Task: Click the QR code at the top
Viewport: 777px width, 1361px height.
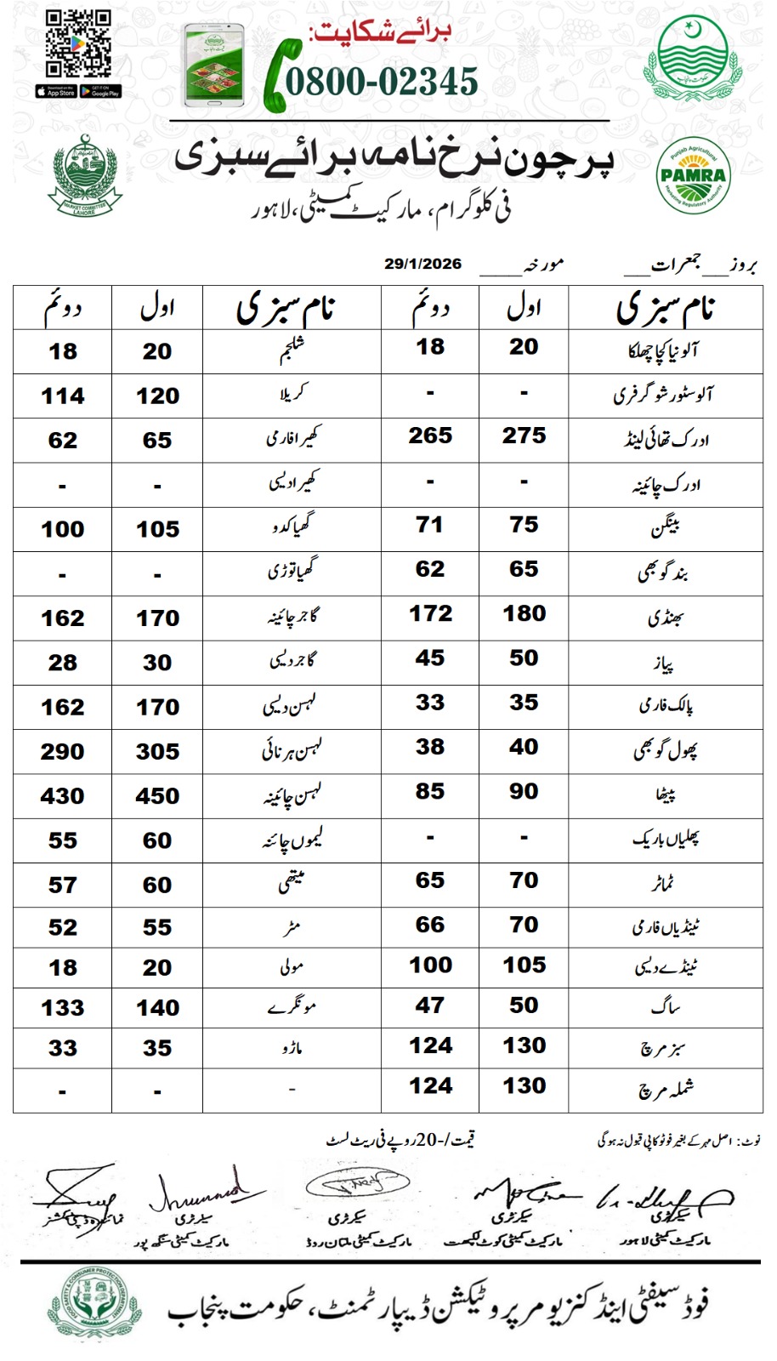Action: (78, 44)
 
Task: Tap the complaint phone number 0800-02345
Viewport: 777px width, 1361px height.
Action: (382, 82)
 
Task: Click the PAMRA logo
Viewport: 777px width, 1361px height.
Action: (693, 176)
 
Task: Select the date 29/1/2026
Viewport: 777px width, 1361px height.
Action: (423, 264)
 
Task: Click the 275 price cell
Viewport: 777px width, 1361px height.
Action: (524, 436)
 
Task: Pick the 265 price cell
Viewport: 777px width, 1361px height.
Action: (430, 436)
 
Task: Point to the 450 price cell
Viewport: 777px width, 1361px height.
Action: (157, 796)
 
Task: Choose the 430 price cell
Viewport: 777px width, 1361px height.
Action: (63, 796)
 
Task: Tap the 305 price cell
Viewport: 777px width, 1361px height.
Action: (157, 752)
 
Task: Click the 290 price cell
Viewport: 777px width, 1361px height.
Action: (63, 752)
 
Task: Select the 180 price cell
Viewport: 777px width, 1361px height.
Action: (524, 613)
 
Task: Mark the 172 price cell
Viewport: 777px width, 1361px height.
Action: (430, 613)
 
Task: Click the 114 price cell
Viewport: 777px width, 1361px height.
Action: (63, 396)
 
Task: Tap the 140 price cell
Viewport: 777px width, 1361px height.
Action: (157, 1008)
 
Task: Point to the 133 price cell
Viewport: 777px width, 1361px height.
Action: (63, 1008)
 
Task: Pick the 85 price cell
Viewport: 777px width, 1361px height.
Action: (430, 791)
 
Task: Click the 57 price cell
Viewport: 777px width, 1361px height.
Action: (63, 886)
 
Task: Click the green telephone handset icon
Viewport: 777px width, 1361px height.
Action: (277, 77)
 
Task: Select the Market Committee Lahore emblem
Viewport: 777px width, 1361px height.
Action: (84, 176)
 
